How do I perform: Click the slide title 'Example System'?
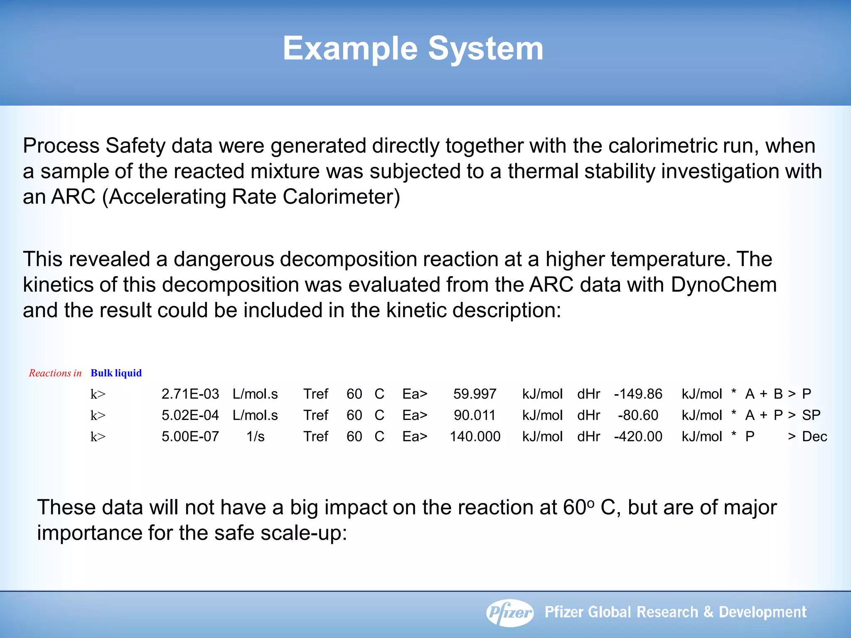coord(413,49)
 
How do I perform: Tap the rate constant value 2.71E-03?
coord(190,394)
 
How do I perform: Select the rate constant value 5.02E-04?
coord(190,415)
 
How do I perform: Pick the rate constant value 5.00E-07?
coord(190,437)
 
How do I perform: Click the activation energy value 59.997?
coord(475,394)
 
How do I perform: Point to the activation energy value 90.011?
coord(475,415)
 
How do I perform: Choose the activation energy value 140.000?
coord(475,437)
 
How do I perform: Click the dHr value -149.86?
coord(638,394)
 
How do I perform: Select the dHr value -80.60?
coord(638,415)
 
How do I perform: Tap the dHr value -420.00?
coord(638,437)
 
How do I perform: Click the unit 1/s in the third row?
coord(255,437)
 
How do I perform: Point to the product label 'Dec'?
coord(814,437)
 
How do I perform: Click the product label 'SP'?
coord(811,415)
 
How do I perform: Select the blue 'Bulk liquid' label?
coord(116,373)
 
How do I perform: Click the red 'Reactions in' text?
coord(55,373)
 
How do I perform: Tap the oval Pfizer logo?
coord(510,613)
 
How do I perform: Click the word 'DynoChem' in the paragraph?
coord(723,285)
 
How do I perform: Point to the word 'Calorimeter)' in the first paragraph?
coord(341,197)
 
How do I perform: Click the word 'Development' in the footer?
coord(762,612)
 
